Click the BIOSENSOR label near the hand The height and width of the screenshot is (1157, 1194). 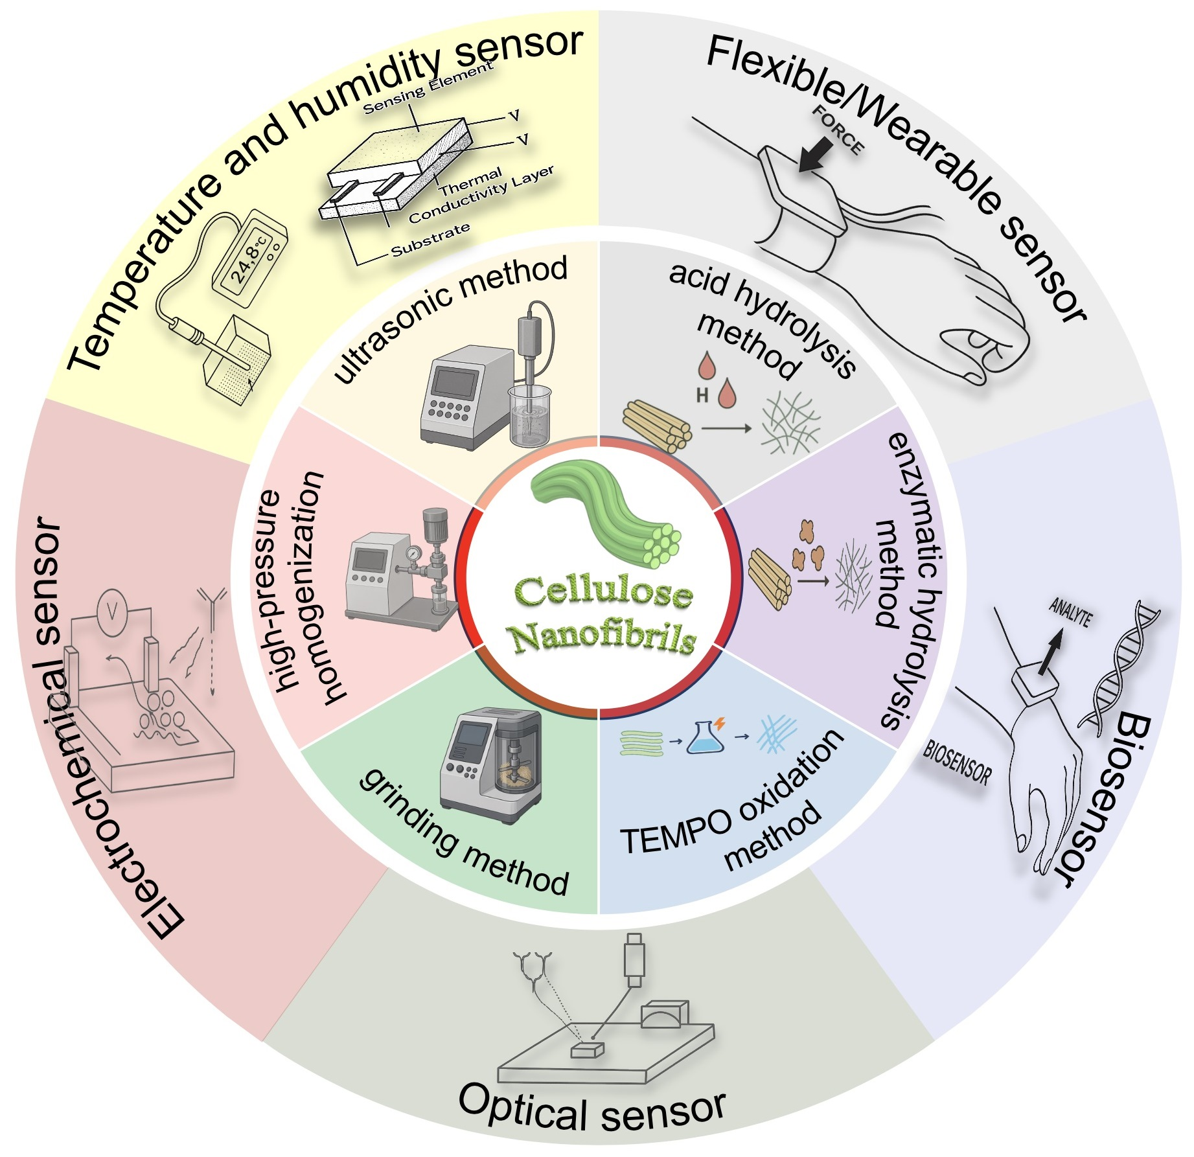click(957, 762)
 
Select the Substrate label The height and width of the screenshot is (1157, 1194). click(430, 239)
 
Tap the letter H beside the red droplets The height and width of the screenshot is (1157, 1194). click(702, 395)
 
